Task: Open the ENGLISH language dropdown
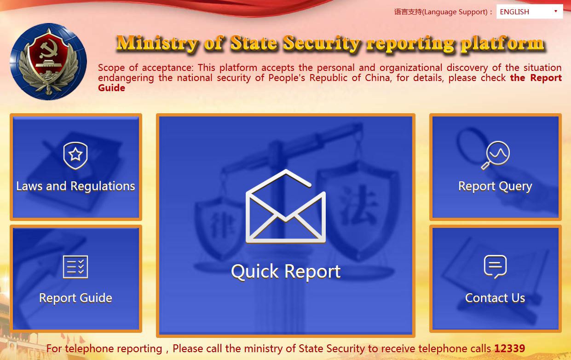(x=530, y=12)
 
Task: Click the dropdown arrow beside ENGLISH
(x=556, y=11)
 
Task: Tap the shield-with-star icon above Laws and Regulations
(x=75, y=156)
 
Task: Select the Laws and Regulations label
(x=75, y=186)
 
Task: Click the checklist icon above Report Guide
(x=75, y=267)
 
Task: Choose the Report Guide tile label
(x=75, y=298)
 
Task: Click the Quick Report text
(x=286, y=272)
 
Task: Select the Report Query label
(x=495, y=186)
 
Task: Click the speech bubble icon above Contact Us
(x=495, y=267)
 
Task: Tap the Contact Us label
(x=495, y=298)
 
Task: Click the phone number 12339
(x=509, y=348)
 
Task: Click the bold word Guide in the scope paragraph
(x=112, y=88)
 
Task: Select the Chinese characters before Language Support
(x=408, y=12)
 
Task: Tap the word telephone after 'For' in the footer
(x=114, y=349)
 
